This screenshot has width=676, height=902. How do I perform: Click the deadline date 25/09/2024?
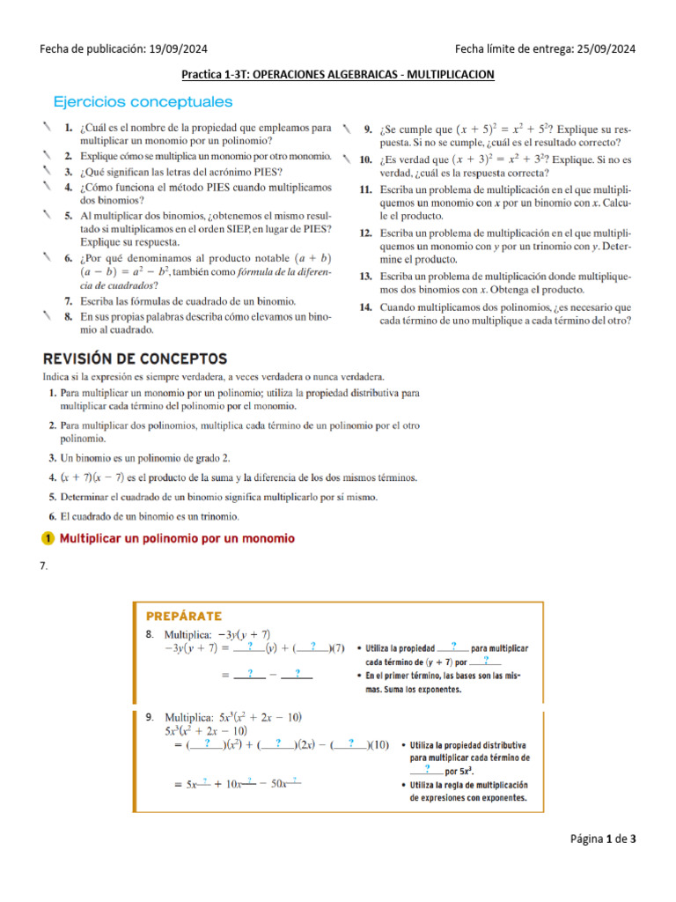click(x=605, y=49)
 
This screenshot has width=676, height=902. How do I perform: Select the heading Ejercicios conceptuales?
click(x=143, y=102)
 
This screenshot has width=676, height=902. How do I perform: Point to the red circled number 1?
click(x=48, y=538)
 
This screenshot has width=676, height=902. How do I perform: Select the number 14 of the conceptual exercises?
click(x=366, y=307)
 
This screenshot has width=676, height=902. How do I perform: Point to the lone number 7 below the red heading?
click(x=42, y=566)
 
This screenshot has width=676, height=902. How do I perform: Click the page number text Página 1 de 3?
click(x=602, y=839)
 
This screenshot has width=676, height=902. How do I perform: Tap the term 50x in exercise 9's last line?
click(x=281, y=783)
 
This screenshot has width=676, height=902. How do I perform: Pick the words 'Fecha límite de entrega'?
click(x=510, y=49)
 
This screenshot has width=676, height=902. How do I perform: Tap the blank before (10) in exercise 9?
click(x=351, y=743)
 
